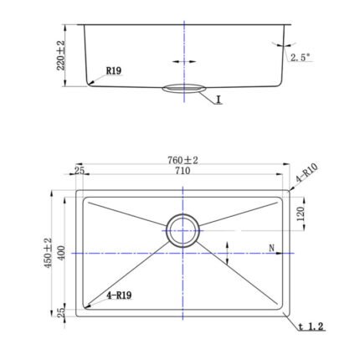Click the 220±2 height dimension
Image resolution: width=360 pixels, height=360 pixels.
tap(60, 55)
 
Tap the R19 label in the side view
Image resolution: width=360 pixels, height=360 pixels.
tap(114, 71)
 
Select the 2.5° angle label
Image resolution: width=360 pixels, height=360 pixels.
tap(301, 58)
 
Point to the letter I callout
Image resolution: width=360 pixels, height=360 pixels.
tap(219, 99)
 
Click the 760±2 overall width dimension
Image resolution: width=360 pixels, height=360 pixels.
tap(183, 160)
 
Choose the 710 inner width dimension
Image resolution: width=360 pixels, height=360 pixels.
tap(183, 170)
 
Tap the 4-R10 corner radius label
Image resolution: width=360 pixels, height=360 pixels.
tap(306, 173)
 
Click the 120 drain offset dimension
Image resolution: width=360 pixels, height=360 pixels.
tap(301, 214)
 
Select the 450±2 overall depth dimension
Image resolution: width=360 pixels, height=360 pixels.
tap(48, 253)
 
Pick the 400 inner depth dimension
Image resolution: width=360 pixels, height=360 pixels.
tap(61, 253)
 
